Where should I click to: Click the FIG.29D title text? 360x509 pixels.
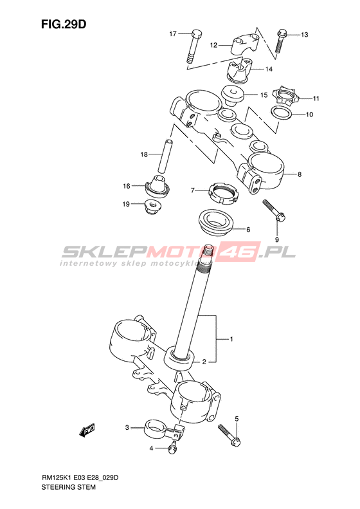point(64,24)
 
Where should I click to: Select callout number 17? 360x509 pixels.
point(172,33)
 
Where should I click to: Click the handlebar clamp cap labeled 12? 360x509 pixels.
point(245,46)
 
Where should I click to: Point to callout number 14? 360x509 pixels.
point(269,69)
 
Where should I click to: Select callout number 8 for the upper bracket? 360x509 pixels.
point(300,174)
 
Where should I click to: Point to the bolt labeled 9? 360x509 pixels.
point(274,210)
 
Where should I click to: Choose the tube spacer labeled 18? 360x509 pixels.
point(165,156)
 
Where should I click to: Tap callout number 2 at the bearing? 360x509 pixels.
point(204,362)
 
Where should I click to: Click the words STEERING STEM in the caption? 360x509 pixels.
point(68,487)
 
